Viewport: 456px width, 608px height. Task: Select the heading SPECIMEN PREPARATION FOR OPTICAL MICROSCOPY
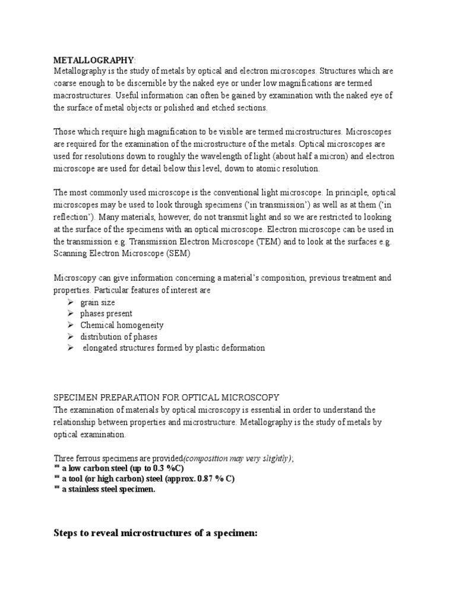pyautogui.click(x=166, y=397)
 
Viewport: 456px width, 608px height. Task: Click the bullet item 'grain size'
pyautogui.click(x=98, y=302)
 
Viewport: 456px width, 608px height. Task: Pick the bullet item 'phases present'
pyautogui.click(x=106, y=313)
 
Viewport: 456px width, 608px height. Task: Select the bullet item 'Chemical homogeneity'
pyautogui.click(x=122, y=325)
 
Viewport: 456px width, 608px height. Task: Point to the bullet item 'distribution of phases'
pyautogui.click(x=119, y=337)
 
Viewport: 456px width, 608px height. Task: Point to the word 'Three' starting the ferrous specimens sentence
pyautogui.click(x=64, y=457)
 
